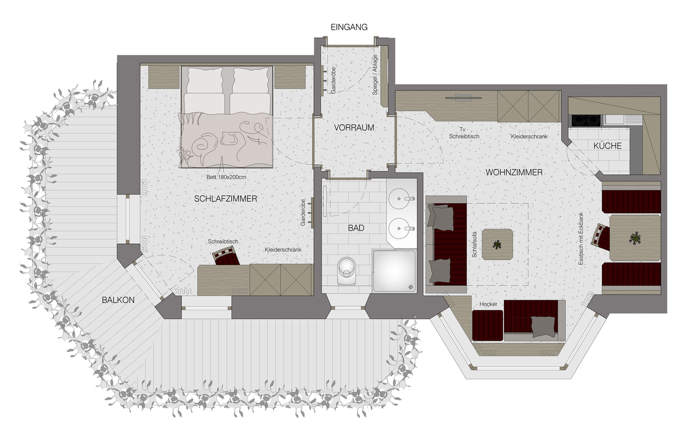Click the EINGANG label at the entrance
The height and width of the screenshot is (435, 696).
pyautogui.click(x=349, y=27)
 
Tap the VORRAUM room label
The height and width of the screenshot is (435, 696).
pyautogui.click(x=354, y=128)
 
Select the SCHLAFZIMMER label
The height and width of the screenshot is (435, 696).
pyautogui.click(x=226, y=199)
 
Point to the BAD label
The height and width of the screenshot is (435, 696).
pyautogui.click(x=356, y=228)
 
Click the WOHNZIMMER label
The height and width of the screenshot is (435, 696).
pyautogui.click(x=514, y=172)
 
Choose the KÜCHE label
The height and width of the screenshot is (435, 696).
pyautogui.click(x=607, y=146)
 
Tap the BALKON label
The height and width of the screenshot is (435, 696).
pyautogui.click(x=118, y=300)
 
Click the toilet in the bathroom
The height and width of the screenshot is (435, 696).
pyautogui.click(x=346, y=271)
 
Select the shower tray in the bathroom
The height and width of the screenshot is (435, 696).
pyautogui.click(x=394, y=271)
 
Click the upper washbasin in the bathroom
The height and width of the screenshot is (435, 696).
pyautogui.click(x=399, y=198)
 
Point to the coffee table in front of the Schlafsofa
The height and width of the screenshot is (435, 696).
pyautogui.click(x=497, y=245)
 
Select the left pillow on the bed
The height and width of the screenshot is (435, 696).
pyautogui.click(x=205, y=80)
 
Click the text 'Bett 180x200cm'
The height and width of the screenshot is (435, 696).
pyautogui.click(x=226, y=177)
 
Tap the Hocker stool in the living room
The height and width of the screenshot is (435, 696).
pyautogui.click(x=487, y=325)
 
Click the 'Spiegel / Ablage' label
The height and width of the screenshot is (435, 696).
pyautogui.click(x=375, y=75)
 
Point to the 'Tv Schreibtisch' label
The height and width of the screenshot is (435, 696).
pyautogui.click(x=464, y=133)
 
